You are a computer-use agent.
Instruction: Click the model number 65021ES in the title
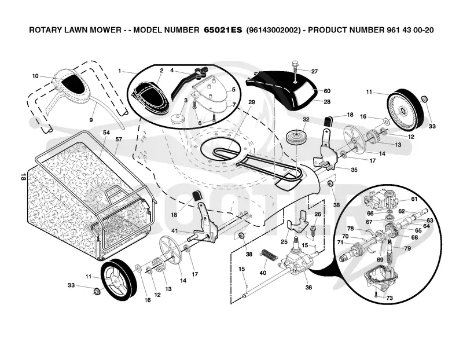(223, 30)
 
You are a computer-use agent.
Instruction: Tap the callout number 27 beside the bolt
(314, 71)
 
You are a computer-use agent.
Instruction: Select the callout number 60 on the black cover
(327, 91)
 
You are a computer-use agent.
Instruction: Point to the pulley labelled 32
(296, 137)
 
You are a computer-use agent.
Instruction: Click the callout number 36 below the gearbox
(308, 287)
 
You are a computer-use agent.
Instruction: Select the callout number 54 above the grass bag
(106, 133)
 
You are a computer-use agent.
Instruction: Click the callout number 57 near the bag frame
(119, 139)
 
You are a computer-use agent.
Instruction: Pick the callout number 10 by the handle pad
(35, 76)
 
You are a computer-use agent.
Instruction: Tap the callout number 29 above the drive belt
(251, 102)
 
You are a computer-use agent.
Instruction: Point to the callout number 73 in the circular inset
(389, 298)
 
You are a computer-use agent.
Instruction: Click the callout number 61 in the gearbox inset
(414, 199)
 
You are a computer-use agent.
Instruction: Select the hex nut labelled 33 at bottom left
(95, 292)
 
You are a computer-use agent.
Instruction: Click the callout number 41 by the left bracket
(175, 231)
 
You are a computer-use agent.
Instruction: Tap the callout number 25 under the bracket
(284, 242)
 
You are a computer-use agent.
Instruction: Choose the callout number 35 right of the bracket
(354, 170)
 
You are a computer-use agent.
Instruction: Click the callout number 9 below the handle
(91, 120)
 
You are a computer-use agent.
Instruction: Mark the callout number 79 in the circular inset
(407, 248)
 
